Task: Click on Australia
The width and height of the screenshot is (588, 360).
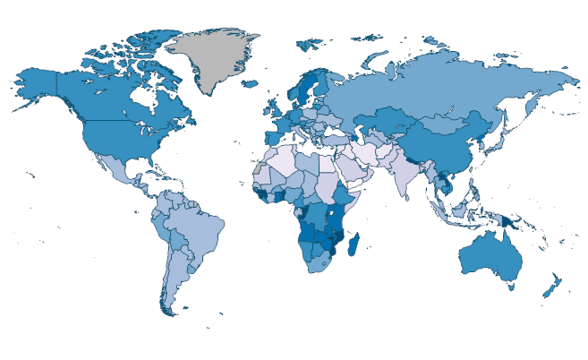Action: point(490,255)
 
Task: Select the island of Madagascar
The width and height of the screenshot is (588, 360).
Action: point(356,243)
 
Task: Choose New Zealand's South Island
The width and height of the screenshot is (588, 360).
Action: point(545,292)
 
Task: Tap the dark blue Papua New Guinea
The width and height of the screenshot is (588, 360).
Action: point(509,221)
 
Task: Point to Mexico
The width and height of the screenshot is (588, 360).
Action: point(112,169)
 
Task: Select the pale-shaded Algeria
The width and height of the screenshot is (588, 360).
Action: point(281,160)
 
